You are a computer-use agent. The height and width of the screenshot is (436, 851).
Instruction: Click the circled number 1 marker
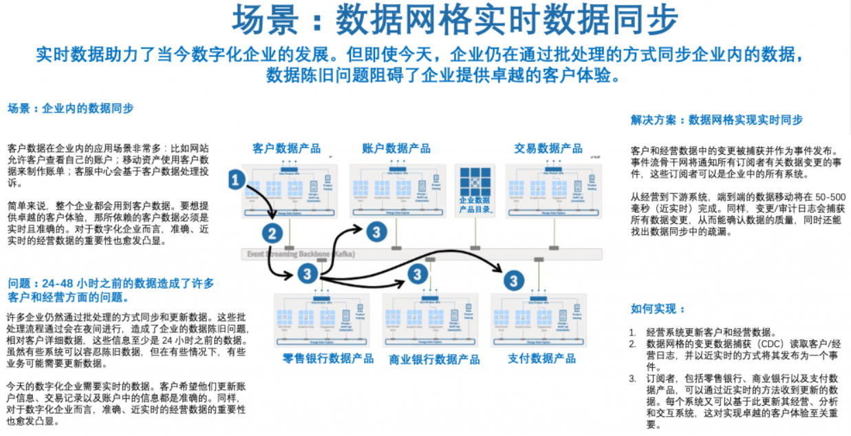coord(236,180)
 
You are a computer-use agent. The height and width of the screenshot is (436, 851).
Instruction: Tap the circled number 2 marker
coord(273,233)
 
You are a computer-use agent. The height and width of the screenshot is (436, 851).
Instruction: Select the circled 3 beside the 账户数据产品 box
coord(376,231)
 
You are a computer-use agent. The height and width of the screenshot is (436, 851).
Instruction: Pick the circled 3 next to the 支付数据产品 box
coord(513,280)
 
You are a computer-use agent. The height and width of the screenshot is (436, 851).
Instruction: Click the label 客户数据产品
coord(286,148)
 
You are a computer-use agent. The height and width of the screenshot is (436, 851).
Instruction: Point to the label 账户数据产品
coord(396,148)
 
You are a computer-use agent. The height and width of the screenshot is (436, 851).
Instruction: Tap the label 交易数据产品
coord(548,148)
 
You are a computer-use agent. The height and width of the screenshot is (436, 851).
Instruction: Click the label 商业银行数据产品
coord(434,359)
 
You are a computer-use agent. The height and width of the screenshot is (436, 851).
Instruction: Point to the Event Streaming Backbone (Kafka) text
coord(300,254)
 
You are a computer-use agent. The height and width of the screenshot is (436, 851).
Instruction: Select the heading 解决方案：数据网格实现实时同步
coord(716,120)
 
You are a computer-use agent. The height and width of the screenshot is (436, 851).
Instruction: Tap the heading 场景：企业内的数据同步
coord(70,109)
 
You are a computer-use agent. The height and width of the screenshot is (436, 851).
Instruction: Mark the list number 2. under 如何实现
coord(633,344)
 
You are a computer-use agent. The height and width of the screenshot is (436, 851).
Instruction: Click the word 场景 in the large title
coord(259,21)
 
